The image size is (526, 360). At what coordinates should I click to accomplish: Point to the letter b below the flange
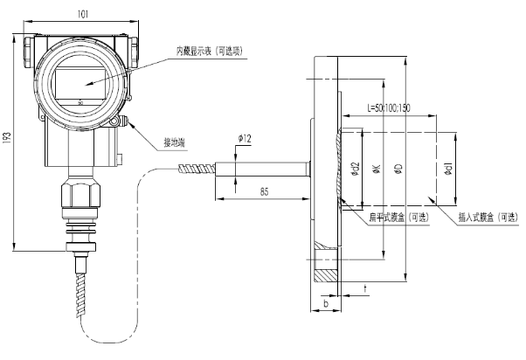pos(326,303)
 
